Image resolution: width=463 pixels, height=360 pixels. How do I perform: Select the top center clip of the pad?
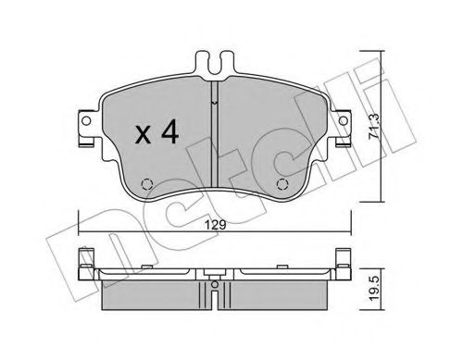pos(214,68)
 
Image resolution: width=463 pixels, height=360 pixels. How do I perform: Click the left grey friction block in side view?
pos(153,296)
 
